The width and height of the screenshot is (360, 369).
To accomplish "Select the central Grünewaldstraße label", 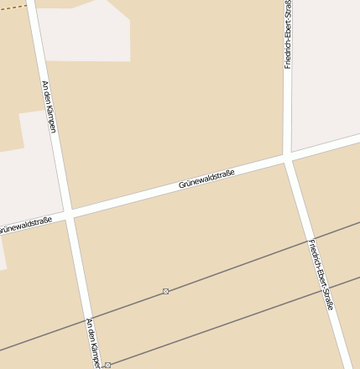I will (206, 178).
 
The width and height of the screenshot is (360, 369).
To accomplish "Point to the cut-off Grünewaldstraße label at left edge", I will (25, 225).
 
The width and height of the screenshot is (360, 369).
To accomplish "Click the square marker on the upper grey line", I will (165, 291).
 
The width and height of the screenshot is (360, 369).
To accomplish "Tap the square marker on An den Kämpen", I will (107, 366).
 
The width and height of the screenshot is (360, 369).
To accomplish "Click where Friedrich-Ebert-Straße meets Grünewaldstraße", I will (288, 157).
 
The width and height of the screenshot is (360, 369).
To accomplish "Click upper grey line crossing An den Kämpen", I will (86, 319).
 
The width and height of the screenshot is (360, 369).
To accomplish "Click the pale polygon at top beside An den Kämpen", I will (92, 34).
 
